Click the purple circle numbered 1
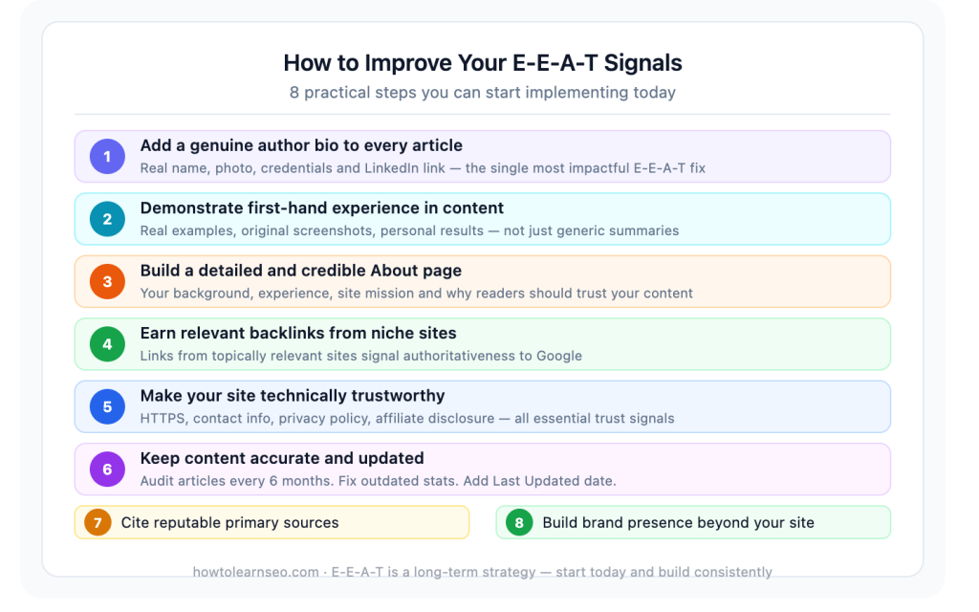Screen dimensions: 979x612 pos(107,156)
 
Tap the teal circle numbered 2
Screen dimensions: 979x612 pos(107,219)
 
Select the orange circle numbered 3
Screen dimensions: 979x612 pos(107,281)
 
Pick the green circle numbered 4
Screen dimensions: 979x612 pos(107,344)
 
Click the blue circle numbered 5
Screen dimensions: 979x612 pos(107,406)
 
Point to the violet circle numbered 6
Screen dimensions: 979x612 pos(107,470)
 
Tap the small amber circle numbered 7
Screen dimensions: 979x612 pos(98,522)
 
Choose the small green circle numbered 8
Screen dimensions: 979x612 pos(519,522)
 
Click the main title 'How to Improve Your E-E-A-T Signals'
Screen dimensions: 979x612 pos(483,63)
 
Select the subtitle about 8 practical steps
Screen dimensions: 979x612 pos(483,93)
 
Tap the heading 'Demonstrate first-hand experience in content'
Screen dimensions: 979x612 pos(321,208)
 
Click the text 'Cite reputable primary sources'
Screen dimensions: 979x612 pos(229,522)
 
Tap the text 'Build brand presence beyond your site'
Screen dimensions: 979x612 pos(678,522)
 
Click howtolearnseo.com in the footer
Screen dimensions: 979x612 pos(256,572)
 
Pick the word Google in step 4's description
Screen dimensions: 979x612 pos(558,356)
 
